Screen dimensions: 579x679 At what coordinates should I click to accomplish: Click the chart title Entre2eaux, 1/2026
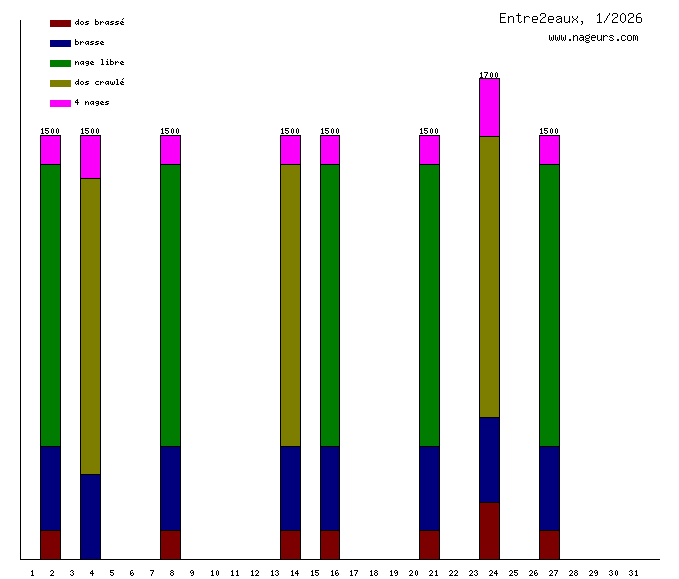[x=570, y=19]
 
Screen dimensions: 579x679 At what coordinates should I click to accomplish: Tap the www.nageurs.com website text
[x=593, y=38]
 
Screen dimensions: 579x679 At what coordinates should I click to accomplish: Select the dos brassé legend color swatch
[x=60, y=23]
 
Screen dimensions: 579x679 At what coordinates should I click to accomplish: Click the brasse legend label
[x=89, y=43]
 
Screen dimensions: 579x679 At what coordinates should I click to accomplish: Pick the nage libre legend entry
[x=99, y=63]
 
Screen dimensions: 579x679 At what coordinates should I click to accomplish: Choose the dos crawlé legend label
[x=99, y=83]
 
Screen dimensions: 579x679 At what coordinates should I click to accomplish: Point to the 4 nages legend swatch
[x=60, y=103]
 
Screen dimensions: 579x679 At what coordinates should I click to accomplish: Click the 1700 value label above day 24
[x=489, y=75]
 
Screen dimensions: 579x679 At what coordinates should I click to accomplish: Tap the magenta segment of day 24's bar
[x=489, y=108]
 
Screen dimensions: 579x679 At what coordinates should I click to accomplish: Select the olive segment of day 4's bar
[x=90, y=325]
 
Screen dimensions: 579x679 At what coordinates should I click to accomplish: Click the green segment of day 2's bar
[x=50, y=304]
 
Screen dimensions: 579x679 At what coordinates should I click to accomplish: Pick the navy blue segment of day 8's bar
[x=170, y=488]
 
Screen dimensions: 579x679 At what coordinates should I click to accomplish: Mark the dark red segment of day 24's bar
[x=489, y=531]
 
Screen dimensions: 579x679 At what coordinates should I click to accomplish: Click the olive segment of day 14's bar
[x=290, y=304]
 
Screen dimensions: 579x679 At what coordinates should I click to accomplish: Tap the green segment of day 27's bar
[x=549, y=304]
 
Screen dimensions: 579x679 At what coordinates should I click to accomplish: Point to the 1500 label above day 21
[x=429, y=131]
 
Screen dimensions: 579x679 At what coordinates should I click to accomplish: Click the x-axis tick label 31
[x=633, y=573]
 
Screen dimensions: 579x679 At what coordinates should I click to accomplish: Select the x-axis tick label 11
[x=234, y=573]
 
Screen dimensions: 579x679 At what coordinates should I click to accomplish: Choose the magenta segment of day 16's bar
[x=330, y=150]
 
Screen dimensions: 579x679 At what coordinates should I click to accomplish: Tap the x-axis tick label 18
[x=373, y=573]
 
